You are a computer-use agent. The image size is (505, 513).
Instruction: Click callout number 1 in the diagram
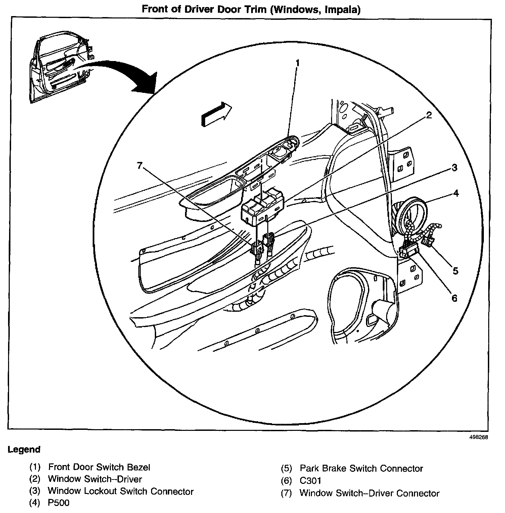tap(297, 63)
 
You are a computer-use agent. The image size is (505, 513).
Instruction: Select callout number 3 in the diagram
tap(454, 168)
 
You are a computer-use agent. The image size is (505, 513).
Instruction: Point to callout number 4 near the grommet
tap(456, 193)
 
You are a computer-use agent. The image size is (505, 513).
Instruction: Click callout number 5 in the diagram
tap(455, 270)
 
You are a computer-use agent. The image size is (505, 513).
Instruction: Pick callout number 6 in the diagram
tap(454, 298)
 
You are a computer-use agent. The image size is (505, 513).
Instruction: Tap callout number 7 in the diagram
tap(140, 165)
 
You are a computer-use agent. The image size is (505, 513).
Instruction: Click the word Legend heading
tap(24, 450)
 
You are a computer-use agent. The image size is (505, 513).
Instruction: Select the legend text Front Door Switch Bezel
tap(99, 467)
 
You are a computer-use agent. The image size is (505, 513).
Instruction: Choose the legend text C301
tap(311, 481)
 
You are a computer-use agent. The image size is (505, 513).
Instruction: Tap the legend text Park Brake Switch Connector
tap(361, 468)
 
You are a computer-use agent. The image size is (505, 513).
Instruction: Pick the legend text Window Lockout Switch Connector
tap(121, 491)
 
